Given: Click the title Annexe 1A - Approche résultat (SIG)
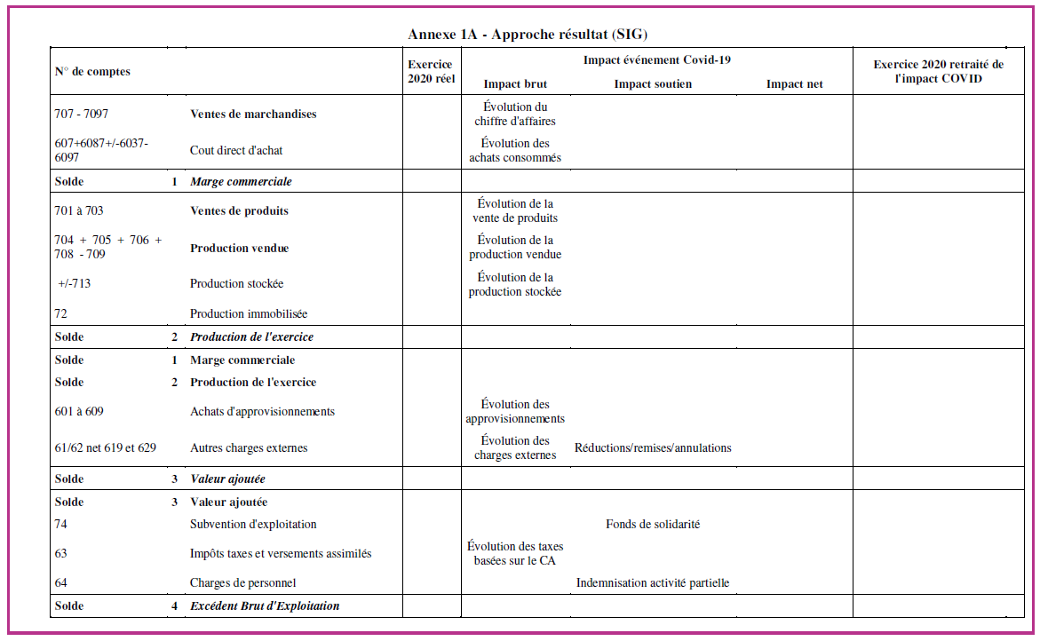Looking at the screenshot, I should point(528,35).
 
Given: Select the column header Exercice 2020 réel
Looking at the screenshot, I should point(431,71).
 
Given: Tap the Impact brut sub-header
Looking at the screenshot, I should point(515,84).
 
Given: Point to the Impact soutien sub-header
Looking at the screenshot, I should point(653,84).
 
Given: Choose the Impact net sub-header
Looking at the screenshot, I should point(794,84).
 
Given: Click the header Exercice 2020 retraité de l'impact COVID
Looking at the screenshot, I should point(938,71).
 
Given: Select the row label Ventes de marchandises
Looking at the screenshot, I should point(253,114).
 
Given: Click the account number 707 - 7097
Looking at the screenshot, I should point(82,114).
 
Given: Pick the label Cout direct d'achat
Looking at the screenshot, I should point(236,150).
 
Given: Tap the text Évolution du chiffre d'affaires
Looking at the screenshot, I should point(515,114).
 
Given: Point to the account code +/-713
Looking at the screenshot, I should point(75,283).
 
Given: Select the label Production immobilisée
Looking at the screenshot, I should point(249,313).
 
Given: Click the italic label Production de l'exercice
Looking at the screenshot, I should point(251,336).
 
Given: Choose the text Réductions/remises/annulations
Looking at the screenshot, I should point(653,447).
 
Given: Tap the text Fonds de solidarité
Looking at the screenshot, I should point(653,524).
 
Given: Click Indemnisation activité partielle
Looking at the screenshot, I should point(653,582).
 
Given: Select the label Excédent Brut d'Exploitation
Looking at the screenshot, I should point(265,605).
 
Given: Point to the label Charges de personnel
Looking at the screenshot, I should point(242,582).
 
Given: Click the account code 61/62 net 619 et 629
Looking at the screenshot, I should point(106,447).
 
